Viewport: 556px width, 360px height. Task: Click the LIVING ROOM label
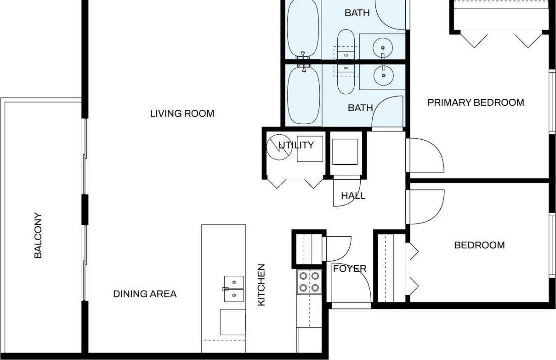tap(182, 114)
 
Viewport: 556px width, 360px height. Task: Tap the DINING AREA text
tap(145, 294)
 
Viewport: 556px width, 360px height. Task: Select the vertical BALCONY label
tap(38, 235)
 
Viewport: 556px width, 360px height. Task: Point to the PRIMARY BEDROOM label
tap(476, 103)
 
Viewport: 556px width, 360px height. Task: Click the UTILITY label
tap(296, 145)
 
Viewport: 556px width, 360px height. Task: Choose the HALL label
tap(353, 196)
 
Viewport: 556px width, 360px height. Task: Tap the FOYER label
tap(349, 269)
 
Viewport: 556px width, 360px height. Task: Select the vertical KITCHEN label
tap(261, 285)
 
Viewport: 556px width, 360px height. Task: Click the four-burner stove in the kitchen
tap(309, 282)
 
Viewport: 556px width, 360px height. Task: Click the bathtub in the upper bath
tap(303, 29)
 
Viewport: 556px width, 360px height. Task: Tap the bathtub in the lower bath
tap(303, 96)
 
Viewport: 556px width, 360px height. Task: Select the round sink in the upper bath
tap(382, 46)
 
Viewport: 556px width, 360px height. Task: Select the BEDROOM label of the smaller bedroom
tap(479, 245)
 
